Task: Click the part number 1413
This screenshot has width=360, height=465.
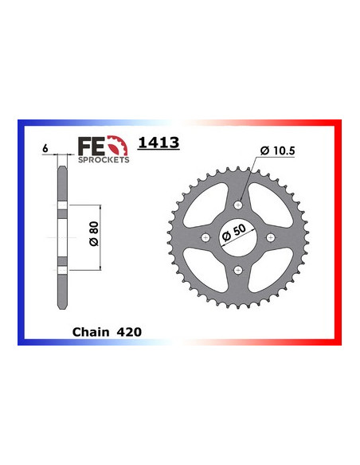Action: click(x=158, y=143)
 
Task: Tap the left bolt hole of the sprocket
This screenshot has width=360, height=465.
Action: click(x=205, y=238)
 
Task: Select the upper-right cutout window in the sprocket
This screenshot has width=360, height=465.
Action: click(x=268, y=205)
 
